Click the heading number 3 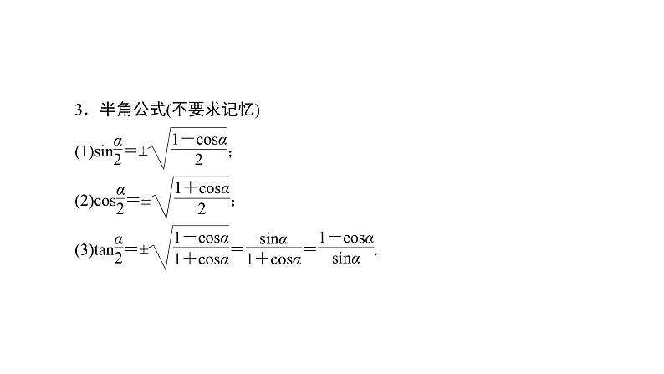pos(78,110)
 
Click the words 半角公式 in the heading pos(124,110)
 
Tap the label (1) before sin pos(82,151)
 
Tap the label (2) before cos pos(82,201)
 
